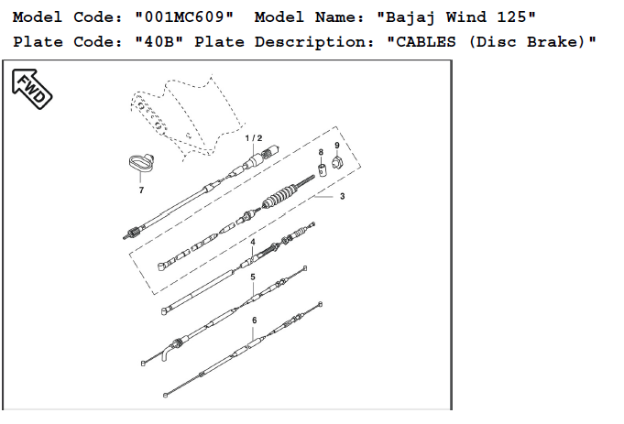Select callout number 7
coord(141,190)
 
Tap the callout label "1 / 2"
coord(253,137)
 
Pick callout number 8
coord(321,151)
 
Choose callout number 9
coord(336,145)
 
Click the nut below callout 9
coord(336,163)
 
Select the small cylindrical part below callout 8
coord(323,168)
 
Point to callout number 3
coord(342,196)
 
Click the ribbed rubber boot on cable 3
coord(279,199)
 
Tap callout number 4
coord(253,242)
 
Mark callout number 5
coord(253,277)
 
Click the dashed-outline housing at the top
coord(183,110)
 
